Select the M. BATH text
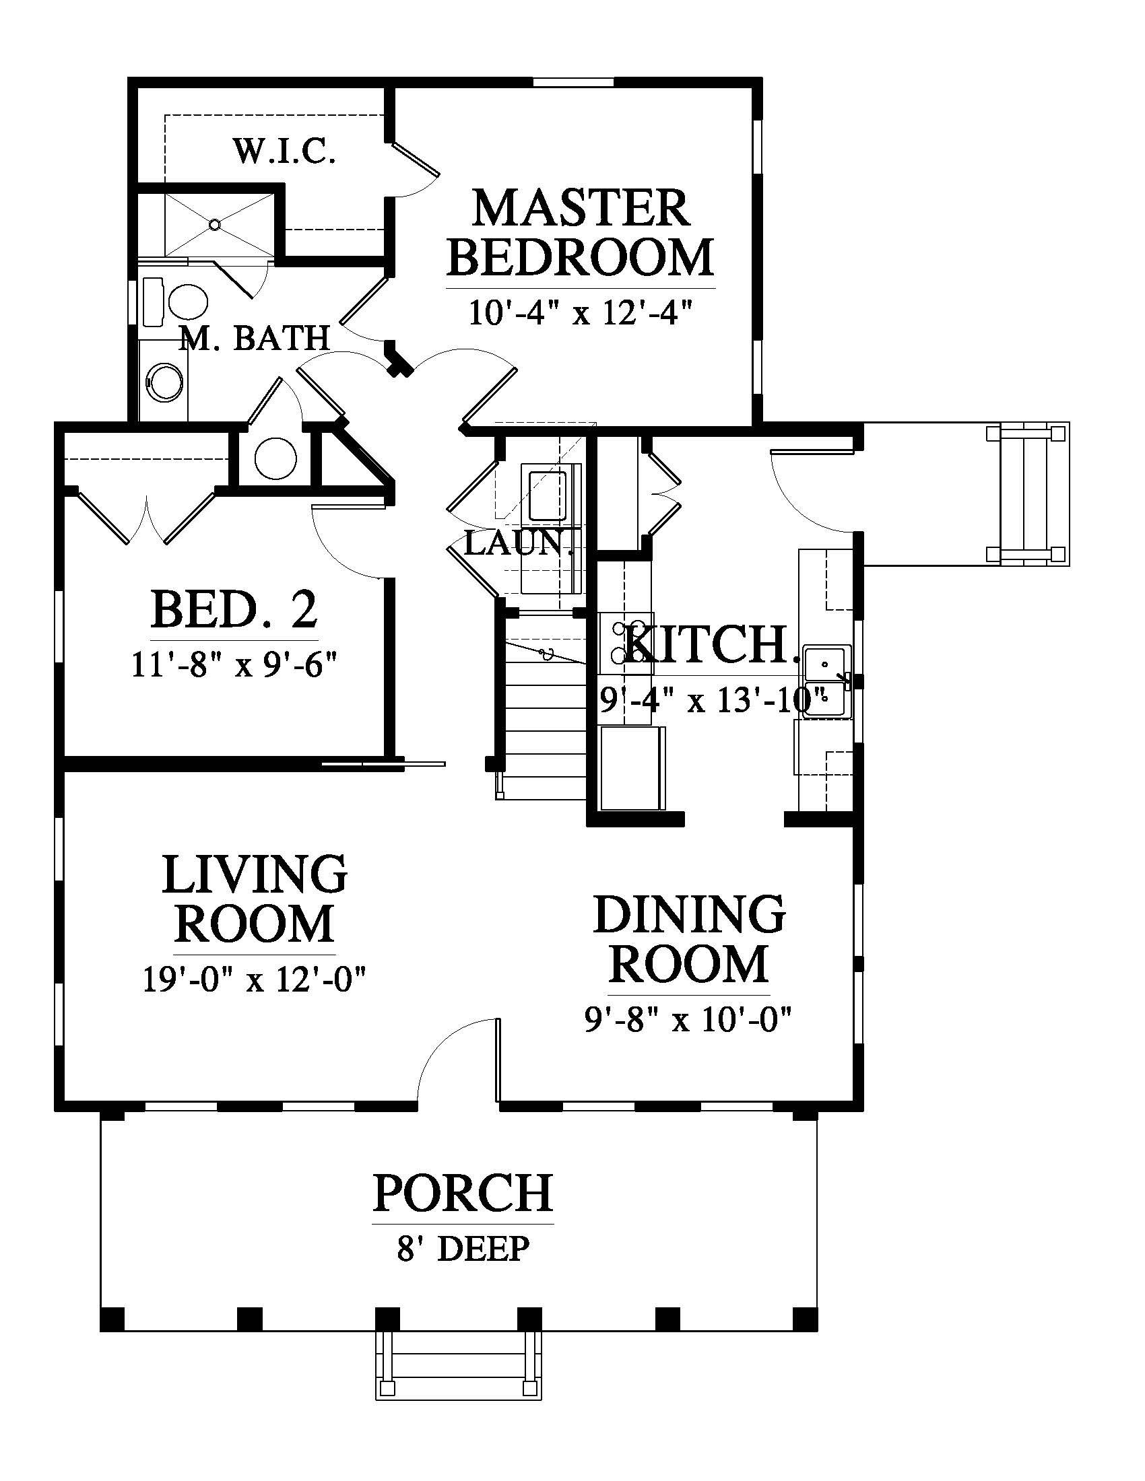point(255,338)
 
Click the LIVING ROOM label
point(255,898)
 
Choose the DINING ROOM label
point(690,938)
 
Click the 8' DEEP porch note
point(463,1249)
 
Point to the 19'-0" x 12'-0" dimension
point(255,979)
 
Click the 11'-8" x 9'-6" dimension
point(234,665)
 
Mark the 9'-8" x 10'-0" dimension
point(689,1019)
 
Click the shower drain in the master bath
point(215,223)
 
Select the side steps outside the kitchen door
point(1028,494)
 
